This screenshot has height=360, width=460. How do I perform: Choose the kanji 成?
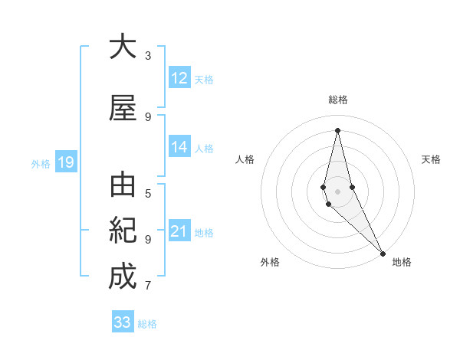[123, 277]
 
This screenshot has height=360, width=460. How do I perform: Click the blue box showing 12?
[179, 78]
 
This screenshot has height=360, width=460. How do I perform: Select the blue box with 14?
[179, 148]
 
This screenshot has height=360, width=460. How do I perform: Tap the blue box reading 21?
[179, 232]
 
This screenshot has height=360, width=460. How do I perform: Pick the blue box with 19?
[66, 162]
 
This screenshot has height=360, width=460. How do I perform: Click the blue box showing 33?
[123, 322]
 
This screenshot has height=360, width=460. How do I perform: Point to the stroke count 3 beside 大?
[148, 55]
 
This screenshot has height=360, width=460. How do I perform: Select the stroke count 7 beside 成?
[148, 286]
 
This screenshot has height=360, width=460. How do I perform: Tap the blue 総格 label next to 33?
[147, 324]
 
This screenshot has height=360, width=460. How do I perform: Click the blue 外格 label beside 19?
[41, 163]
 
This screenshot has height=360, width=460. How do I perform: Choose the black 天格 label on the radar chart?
[431, 159]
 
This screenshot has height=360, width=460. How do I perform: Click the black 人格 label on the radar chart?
[245, 159]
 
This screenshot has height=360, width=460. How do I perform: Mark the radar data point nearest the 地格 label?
[383, 252]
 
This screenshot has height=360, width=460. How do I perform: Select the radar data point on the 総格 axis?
[337, 130]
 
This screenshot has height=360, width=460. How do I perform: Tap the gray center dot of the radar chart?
[337, 191]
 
